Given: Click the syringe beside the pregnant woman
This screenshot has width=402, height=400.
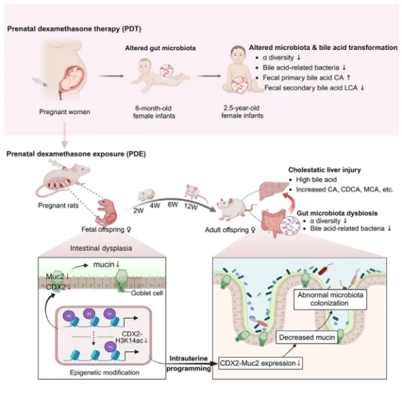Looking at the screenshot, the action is [x=40, y=82].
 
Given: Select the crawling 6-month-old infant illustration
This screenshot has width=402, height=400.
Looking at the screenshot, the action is [x=157, y=75].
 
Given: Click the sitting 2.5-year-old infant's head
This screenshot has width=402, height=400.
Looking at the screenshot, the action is [x=238, y=54].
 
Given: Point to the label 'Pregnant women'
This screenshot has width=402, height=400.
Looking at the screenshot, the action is [x=64, y=112].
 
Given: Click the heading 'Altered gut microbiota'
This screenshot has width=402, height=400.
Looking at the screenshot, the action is [x=160, y=48].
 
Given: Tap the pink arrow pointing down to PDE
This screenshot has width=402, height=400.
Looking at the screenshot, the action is [x=64, y=135].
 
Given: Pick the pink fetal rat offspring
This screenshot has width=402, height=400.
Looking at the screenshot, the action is [x=107, y=212].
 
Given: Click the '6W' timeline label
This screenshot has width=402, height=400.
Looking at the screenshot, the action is [x=173, y=205].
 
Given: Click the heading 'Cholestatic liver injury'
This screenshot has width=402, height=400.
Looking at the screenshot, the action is [x=325, y=170].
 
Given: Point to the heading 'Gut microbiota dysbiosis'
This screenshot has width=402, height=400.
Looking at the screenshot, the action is [x=337, y=213].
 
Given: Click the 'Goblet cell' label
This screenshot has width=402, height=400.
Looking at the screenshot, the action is [x=147, y=293].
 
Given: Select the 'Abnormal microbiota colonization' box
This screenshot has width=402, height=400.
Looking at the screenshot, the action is [x=330, y=299].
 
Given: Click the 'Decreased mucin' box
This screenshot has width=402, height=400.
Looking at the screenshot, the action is [x=306, y=337].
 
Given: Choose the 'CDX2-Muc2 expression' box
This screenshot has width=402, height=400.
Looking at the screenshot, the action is [x=261, y=363].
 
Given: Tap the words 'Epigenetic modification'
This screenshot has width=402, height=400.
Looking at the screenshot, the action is [x=104, y=373].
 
